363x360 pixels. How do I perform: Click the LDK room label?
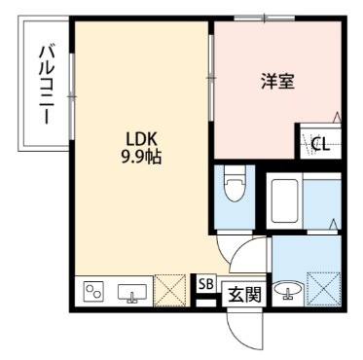click(142, 139)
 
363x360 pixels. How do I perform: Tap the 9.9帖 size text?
click(141, 158)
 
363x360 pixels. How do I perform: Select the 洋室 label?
click(278, 81)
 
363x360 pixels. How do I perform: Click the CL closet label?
click(320, 144)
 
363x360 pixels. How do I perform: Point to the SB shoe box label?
click(206, 284)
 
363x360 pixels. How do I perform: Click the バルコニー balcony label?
click(47, 86)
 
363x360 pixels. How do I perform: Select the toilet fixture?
click(235, 186)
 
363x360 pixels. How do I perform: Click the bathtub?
click(284, 200)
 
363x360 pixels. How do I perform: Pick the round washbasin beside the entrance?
click(288, 290)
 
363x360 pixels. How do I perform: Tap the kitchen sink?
click(132, 293)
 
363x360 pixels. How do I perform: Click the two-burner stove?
click(93, 290)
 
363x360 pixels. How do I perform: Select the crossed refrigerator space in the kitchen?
click(170, 291)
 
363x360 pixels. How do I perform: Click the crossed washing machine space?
click(323, 288)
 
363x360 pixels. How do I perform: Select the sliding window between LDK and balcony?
click(72, 96)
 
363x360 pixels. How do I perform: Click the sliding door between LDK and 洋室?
click(211, 78)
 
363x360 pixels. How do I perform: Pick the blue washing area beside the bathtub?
click(322, 201)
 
